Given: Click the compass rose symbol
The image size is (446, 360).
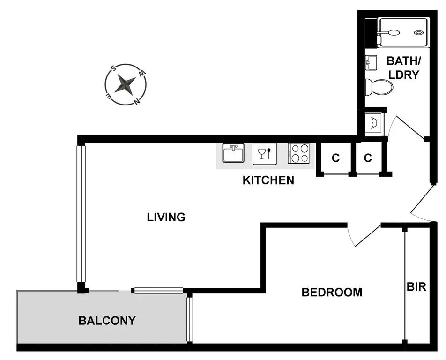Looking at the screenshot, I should point(126,84).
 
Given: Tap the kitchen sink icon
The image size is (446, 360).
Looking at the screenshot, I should point(233,153).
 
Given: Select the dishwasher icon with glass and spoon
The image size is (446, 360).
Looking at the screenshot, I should point(265,153).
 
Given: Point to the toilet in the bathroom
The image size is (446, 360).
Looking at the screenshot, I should point(379,87).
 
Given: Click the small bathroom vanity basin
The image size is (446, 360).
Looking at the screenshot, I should point(371,61).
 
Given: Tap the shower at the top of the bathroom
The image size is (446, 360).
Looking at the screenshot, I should point(403,32).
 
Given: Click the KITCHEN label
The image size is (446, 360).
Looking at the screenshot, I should point(268,180).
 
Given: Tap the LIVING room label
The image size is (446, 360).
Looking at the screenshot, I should point(166,217).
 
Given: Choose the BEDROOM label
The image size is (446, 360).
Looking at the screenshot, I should point(332,292).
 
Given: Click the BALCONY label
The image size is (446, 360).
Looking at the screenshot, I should point(107,321).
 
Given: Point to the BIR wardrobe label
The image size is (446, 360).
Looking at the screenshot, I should point(416,286).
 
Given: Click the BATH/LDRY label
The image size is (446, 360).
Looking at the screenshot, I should point(403,67).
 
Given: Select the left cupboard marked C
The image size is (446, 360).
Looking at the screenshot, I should point(335,158).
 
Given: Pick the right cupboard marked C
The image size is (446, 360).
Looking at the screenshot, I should point(368,158).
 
